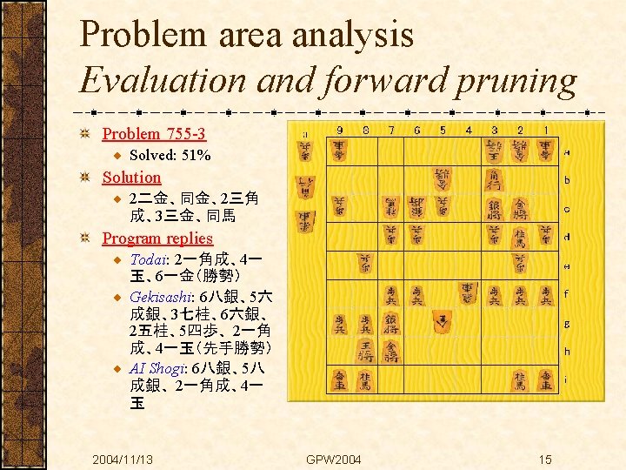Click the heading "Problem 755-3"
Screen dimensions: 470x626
154,133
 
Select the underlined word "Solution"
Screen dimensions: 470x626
131,177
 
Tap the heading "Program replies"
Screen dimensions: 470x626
157,238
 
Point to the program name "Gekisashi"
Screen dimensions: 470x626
163,297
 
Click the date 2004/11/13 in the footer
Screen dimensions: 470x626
123,459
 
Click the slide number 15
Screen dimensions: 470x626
544,459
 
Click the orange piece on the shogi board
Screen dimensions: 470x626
443,323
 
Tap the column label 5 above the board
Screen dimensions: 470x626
442,131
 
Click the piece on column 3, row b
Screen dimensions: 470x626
494,180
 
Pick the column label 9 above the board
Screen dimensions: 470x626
339,131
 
